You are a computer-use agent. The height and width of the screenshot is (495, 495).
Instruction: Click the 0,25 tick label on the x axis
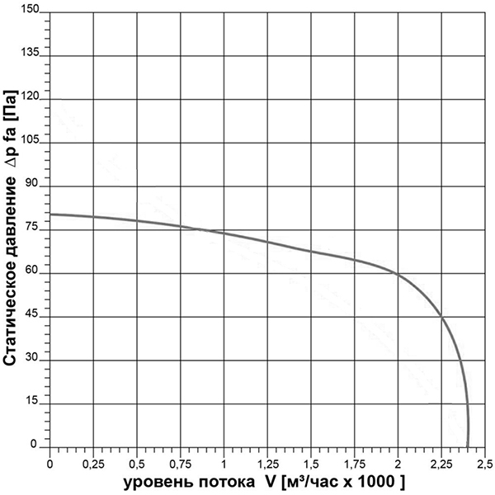pyautogui.click(x=93, y=460)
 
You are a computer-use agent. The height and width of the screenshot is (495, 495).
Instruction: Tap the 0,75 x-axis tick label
pyautogui.click(x=180, y=460)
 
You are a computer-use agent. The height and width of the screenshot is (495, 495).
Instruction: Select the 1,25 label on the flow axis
pyautogui.click(x=267, y=460)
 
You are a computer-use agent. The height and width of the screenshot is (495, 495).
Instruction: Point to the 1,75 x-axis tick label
pyautogui.click(x=354, y=460)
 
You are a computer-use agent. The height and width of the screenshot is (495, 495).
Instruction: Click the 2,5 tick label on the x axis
pyautogui.click(x=484, y=460)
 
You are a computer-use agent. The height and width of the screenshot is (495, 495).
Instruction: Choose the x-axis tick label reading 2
pyautogui.click(x=398, y=460)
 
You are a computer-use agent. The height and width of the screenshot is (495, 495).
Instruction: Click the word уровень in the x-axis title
pyautogui.click(x=153, y=479)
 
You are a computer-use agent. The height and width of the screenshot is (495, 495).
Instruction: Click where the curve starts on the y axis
pyautogui.click(x=51, y=214)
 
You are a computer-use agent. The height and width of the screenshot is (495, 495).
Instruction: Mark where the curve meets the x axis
pyautogui.click(x=468, y=445)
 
